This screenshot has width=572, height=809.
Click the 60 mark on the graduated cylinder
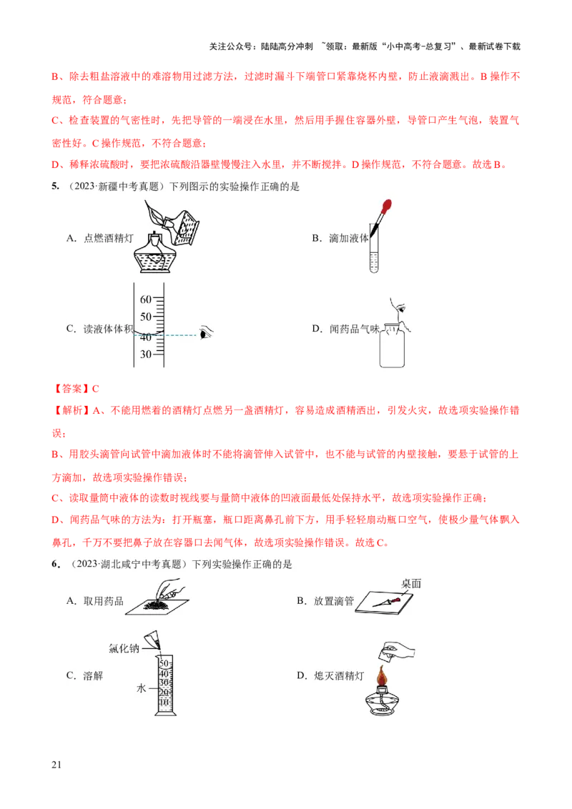tap(146, 299)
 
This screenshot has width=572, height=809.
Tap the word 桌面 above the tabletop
tap(411, 583)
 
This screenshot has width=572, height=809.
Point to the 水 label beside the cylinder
tap(141, 689)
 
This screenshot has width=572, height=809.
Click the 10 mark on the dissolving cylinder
tap(163, 702)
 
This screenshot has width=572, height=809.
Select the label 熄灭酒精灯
tap(340, 675)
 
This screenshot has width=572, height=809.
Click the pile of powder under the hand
tap(156, 606)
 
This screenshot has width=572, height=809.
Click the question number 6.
tap(55, 564)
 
